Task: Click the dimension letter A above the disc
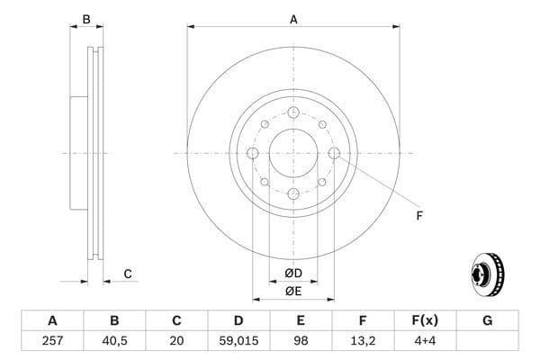(x=293, y=19)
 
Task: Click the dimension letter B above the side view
(x=86, y=19)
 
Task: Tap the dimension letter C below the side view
(x=128, y=274)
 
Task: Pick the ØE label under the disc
(x=293, y=291)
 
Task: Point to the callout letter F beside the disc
(x=418, y=216)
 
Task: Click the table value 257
(x=52, y=341)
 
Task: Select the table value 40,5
(x=114, y=341)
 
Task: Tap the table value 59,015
(x=238, y=341)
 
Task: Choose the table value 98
(x=301, y=341)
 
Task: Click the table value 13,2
(x=363, y=341)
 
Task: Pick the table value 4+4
(x=425, y=341)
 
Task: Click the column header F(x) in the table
(x=425, y=320)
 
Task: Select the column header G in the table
(x=487, y=320)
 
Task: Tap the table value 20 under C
(x=176, y=341)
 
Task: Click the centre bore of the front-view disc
(x=293, y=153)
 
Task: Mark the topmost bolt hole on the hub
(x=293, y=112)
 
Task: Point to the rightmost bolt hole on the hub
(x=334, y=153)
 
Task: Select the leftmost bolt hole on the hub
(x=253, y=153)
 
